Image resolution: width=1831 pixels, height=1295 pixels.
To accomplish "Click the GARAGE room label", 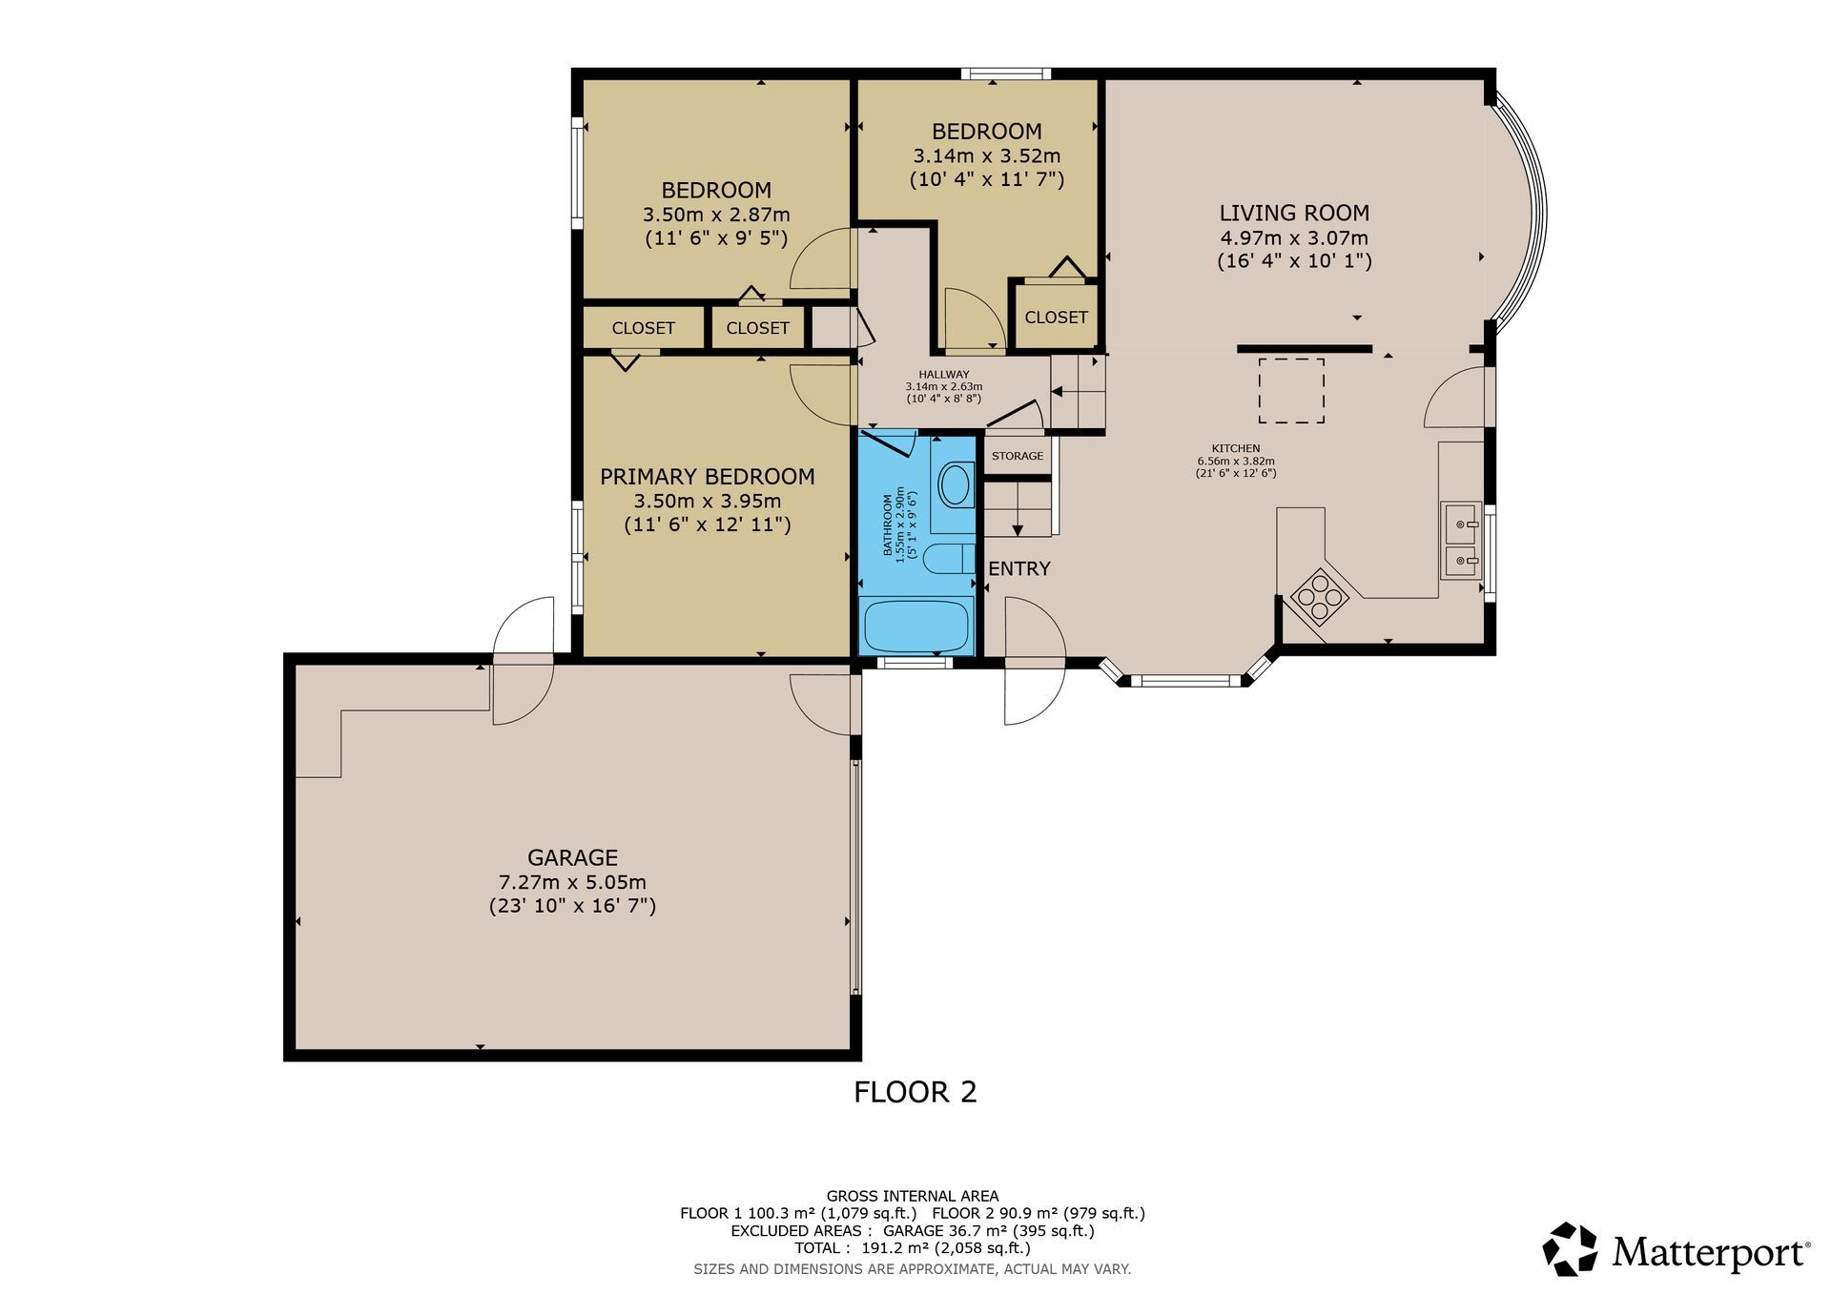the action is (x=572, y=857).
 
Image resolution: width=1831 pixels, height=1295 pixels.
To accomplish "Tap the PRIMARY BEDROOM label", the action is (x=707, y=477).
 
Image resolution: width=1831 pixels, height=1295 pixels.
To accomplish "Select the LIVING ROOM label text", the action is (x=1294, y=214).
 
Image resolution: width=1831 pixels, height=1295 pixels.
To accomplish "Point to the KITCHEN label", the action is (x=1236, y=448).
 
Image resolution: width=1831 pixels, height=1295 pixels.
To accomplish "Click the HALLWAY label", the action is (x=944, y=375).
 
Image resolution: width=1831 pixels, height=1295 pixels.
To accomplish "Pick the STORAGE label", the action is (x=1018, y=456).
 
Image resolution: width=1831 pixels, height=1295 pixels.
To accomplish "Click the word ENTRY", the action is (x=1019, y=568).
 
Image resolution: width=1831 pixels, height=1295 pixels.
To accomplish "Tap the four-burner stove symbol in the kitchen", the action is (x=1320, y=596).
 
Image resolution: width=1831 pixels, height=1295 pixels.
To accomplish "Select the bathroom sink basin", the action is (x=954, y=485).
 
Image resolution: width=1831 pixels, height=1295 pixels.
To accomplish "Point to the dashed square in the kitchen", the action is (x=1291, y=391).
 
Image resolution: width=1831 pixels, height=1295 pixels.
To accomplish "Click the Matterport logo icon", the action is (x=1570, y=1249).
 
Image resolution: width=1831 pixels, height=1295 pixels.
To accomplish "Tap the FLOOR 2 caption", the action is (x=915, y=1092).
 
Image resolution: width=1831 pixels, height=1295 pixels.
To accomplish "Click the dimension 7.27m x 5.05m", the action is (x=572, y=882).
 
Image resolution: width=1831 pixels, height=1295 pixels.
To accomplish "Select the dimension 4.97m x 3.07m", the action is (x=1294, y=237).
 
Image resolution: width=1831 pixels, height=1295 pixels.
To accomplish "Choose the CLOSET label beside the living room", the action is (x=1056, y=318).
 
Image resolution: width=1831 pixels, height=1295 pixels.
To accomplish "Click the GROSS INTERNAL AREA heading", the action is (x=913, y=1196).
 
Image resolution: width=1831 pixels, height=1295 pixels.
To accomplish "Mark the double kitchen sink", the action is (x=1461, y=540).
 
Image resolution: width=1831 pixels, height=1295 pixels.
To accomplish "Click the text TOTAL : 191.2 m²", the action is (x=857, y=1248).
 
